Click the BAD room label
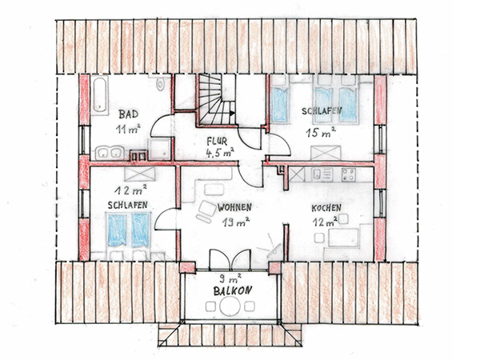click(x=129, y=114)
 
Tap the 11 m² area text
click(x=128, y=129)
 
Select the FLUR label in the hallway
click(x=217, y=142)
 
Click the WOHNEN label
click(x=234, y=207)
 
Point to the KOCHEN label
click(x=326, y=208)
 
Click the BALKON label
click(x=233, y=290)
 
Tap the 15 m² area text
click(x=321, y=133)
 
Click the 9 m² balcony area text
click(x=230, y=278)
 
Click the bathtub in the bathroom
click(x=100, y=95)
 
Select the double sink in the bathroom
click(x=110, y=153)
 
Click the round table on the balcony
click(x=230, y=306)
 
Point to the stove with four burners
click(x=349, y=174)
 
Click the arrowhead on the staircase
click(x=232, y=113)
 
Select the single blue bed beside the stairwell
click(x=279, y=105)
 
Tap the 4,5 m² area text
click(x=220, y=153)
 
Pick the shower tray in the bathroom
click(x=159, y=150)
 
